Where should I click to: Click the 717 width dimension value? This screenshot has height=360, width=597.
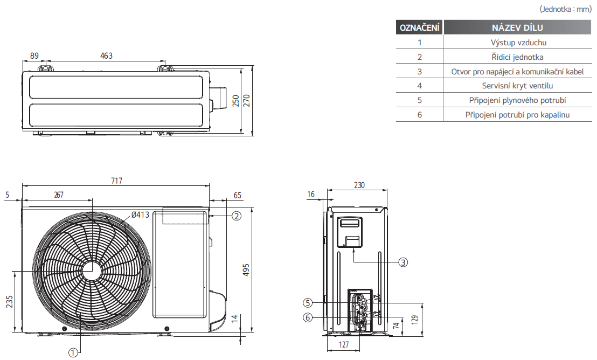click(x=116, y=181)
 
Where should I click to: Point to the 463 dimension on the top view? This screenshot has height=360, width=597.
click(x=106, y=56)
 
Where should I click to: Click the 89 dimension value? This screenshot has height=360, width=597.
click(x=34, y=56)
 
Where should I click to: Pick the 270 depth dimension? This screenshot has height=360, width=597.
click(x=247, y=100)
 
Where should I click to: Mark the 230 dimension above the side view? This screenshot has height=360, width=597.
click(x=359, y=185)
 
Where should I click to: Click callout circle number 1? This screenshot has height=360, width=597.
click(x=73, y=353)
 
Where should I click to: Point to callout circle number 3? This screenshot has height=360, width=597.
click(x=403, y=262)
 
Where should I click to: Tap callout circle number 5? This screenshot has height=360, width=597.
click(x=308, y=303)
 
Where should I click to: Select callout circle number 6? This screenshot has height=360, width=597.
click(x=308, y=317)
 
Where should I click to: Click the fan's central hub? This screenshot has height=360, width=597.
click(x=92, y=271)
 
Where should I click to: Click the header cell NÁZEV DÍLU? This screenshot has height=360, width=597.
click(x=517, y=27)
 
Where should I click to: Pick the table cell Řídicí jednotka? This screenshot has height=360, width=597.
click(x=517, y=57)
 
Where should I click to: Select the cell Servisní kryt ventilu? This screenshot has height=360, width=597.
click(x=517, y=86)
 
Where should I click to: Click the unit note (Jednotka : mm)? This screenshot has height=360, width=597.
click(x=565, y=9)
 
